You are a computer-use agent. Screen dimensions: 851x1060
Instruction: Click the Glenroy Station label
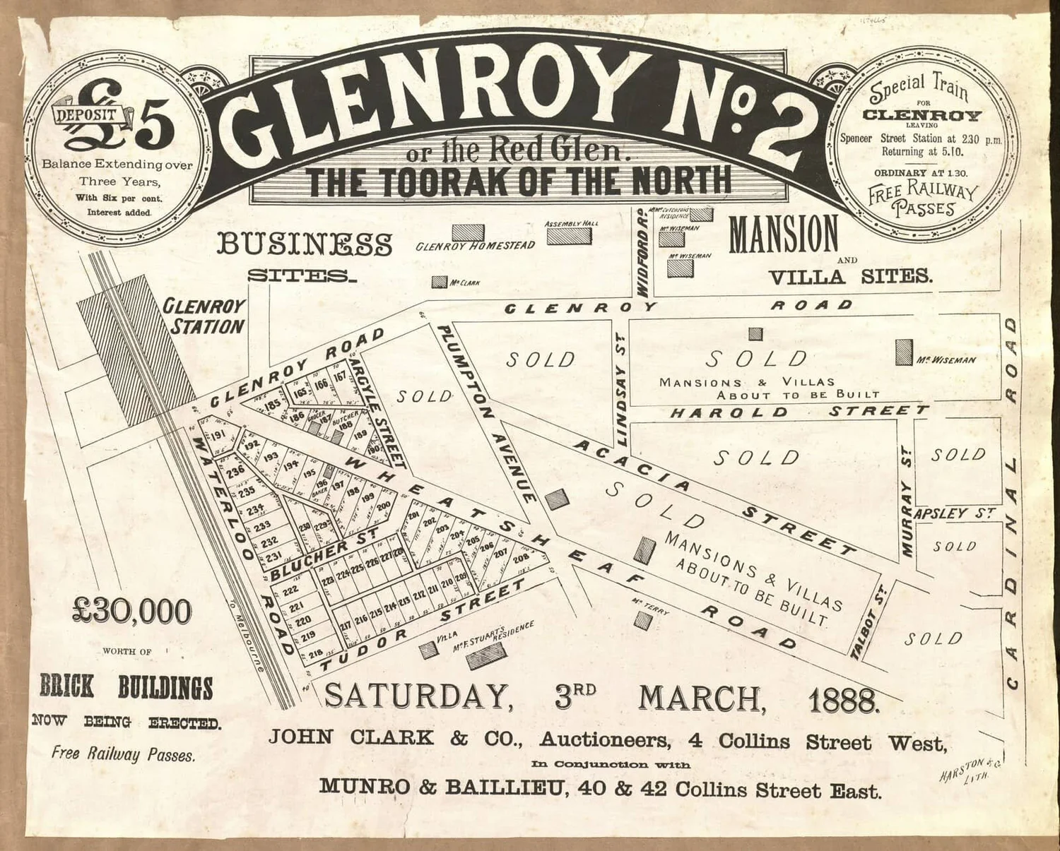click(205, 316)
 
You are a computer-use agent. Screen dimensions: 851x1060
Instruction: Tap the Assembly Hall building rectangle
click(572, 235)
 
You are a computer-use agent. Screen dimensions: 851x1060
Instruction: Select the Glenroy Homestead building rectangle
click(468, 232)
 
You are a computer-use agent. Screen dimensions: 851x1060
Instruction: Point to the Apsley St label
click(955, 513)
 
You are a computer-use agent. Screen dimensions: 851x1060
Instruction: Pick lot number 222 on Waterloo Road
click(290, 590)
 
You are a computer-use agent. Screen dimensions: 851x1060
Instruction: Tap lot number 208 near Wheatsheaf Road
click(522, 559)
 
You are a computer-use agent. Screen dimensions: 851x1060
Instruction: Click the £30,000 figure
click(132, 612)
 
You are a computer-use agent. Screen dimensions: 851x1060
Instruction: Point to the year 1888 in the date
click(844, 699)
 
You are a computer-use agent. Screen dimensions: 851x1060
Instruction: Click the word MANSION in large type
click(783, 235)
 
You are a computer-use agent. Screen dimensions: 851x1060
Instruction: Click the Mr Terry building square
click(643, 621)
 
